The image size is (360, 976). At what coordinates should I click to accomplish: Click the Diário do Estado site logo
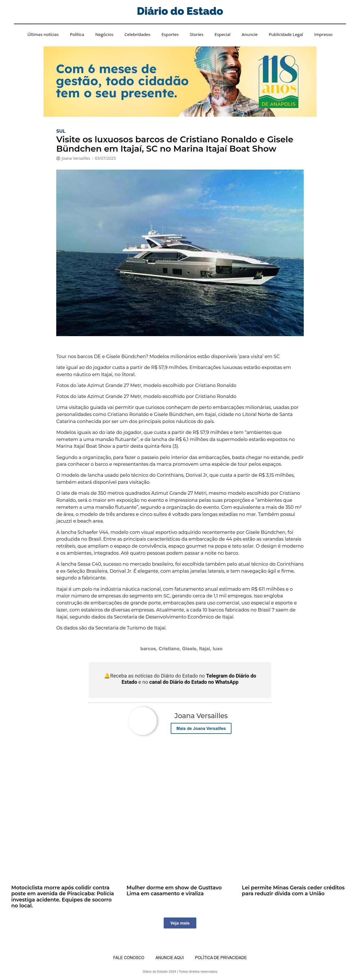tap(180, 11)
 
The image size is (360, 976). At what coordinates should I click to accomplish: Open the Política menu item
tap(77, 35)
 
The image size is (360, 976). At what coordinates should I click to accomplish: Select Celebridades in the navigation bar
tap(137, 35)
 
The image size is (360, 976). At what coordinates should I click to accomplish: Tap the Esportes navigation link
tap(170, 35)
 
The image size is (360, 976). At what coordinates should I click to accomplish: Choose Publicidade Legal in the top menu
tap(286, 35)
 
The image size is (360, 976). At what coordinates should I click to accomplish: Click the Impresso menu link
tap(323, 35)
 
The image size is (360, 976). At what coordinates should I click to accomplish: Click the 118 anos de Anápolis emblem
tap(278, 82)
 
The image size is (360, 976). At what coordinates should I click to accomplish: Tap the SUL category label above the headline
tap(61, 131)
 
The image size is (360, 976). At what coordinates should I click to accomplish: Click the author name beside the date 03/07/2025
tap(75, 158)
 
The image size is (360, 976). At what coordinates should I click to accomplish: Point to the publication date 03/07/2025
tap(105, 158)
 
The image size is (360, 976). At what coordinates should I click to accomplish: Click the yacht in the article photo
tap(197, 258)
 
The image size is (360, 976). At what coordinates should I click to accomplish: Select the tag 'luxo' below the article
tap(217, 649)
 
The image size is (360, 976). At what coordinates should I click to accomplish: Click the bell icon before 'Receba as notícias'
tap(107, 676)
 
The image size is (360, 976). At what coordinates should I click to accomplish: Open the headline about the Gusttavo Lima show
tap(174, 890)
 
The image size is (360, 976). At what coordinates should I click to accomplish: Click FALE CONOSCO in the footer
tap(129, 957)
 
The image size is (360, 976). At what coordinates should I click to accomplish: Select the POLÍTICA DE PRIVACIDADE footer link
tap(220, 957)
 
